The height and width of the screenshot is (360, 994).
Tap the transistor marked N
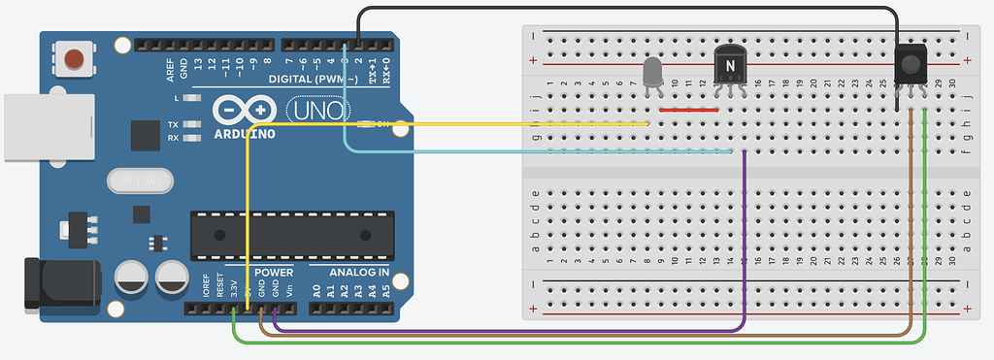click(x=728, y=66)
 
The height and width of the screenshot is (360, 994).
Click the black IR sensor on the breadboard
click(x=911, y=64)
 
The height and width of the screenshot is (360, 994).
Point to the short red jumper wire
click(x=688, y=110)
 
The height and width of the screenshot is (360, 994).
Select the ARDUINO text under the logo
click(x=242, y=133)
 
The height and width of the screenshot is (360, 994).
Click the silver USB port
click(x=29, y=126)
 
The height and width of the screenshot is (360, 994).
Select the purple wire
click(x=744, y=243)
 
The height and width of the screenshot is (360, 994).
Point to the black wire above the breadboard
click(x=631, y=10)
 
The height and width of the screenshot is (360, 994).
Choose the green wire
click(x=582, y=342)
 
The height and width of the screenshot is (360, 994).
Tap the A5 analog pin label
click(x=386, y=289)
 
